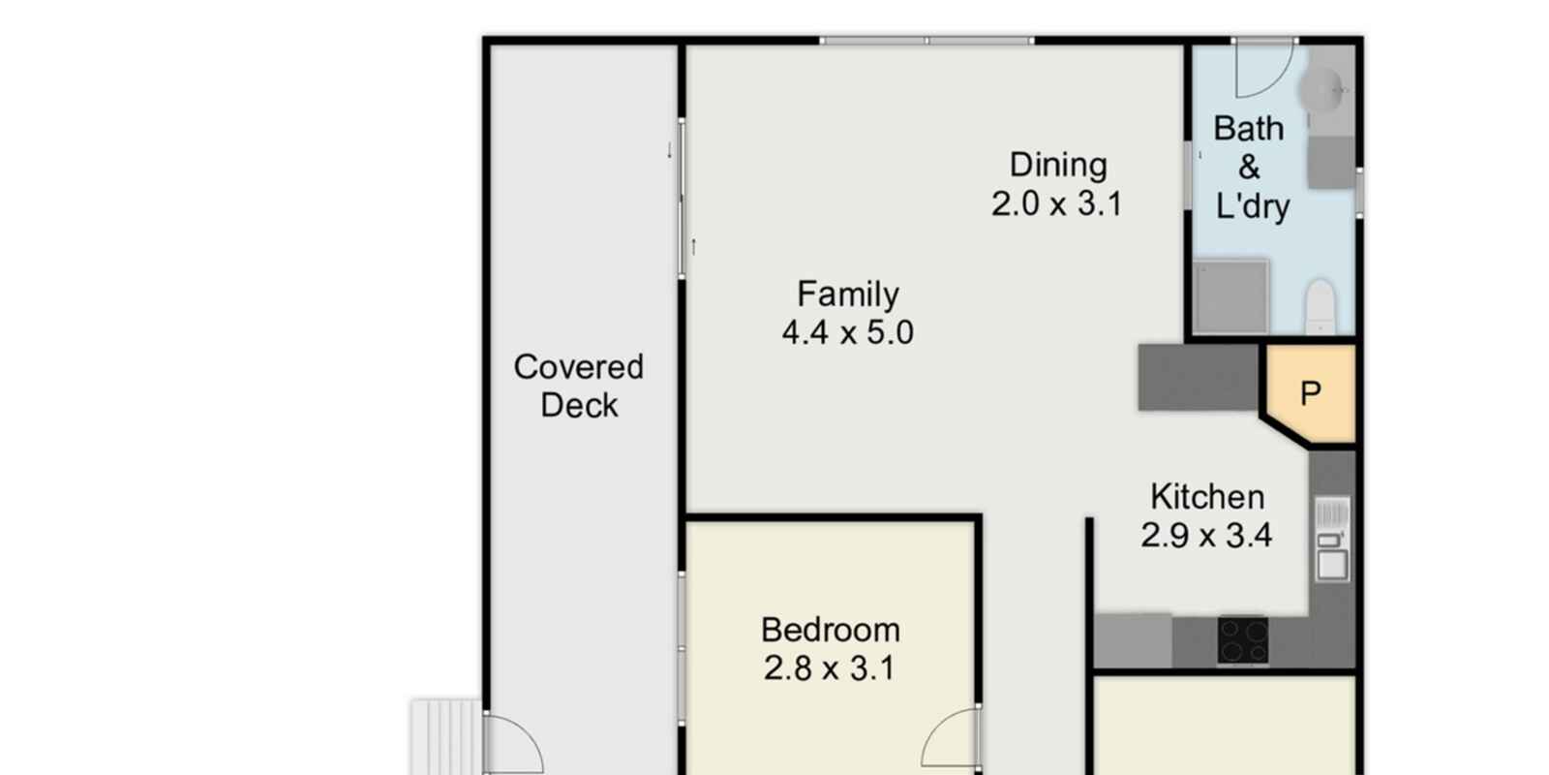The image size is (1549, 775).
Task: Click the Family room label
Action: (848, 294)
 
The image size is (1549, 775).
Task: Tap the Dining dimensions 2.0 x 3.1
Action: (1057, 204)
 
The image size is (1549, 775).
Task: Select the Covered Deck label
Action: (579, 386)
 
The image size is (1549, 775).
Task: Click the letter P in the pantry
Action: (1311, 393)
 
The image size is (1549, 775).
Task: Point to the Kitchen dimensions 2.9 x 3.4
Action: (1206, 536)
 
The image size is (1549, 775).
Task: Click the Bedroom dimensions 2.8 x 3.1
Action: (830, 668)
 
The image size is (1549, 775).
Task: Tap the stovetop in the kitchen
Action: (1243, 640)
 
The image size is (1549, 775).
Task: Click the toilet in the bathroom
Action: (1321, 305)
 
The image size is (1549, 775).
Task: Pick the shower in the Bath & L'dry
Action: (1230, 296)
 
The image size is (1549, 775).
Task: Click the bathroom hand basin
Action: (1323, 91)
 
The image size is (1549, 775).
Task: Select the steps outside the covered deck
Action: (445, 736)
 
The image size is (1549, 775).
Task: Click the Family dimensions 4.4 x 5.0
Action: (848, 333)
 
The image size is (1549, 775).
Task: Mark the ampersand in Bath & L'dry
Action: (1250, 168)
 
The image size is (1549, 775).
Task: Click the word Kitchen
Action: (1207, 497)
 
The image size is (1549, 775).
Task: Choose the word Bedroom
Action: (831, 630)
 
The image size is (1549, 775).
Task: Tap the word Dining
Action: (1058, 165)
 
